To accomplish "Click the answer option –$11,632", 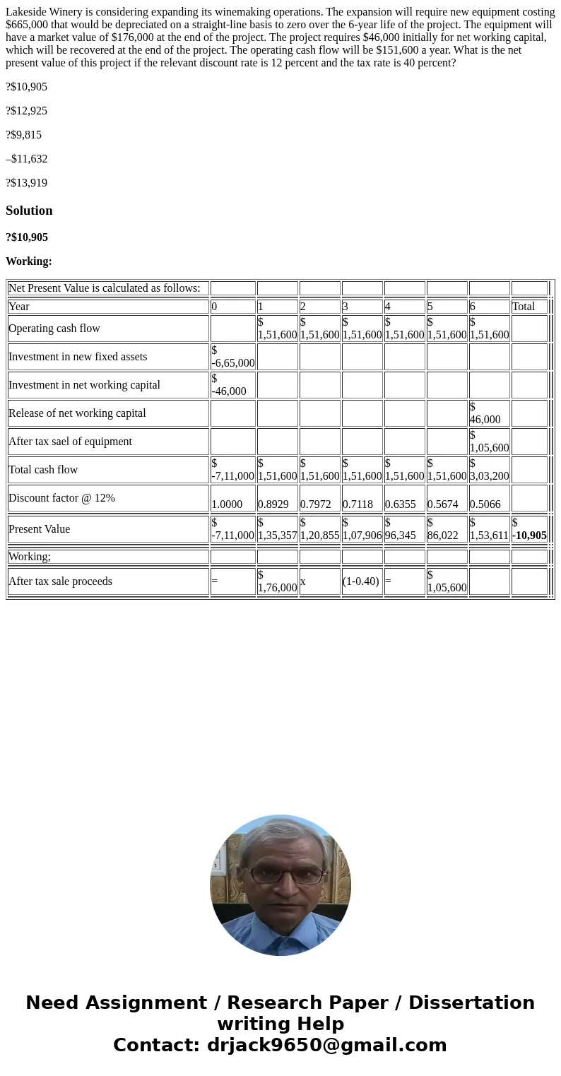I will [27, 159].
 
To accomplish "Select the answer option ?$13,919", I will [27, 183].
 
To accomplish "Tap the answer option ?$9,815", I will [24, 135].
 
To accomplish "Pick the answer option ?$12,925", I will [27, 111].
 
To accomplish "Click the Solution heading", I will [29, 211].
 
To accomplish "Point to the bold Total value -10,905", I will [530, 535].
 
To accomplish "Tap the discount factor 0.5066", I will [485, 504].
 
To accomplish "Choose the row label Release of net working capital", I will [77, 413].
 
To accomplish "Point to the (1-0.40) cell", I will [360, 581].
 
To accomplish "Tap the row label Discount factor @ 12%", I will [61, 498].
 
